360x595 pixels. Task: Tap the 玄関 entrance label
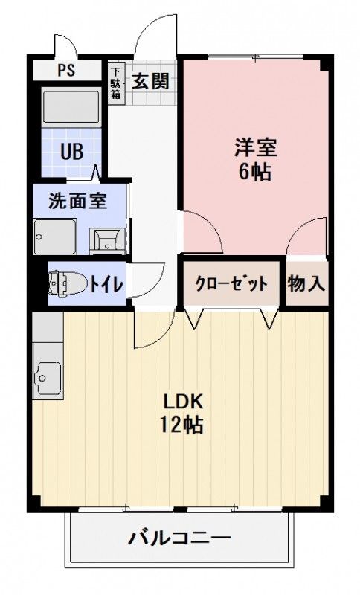[x=151, y=80]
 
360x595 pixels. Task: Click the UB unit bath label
[x=71, y=152]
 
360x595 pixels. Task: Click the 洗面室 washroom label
[x=77, y=200]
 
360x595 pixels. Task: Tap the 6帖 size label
[x=255, y=173]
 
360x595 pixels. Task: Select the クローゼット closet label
[x=231, y=283]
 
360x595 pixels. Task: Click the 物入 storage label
[x=306, y=283]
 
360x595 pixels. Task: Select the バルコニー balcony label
[x=179, y=538]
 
